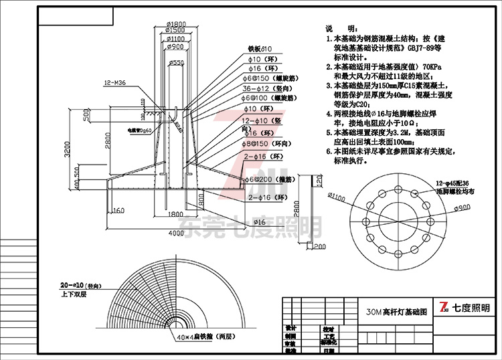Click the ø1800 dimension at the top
(175, 25)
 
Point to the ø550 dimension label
(177, 62)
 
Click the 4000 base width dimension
(176, 233)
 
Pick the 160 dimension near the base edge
(118, 211)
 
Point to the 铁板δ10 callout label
(259, 49)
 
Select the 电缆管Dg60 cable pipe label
(140, 130)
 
